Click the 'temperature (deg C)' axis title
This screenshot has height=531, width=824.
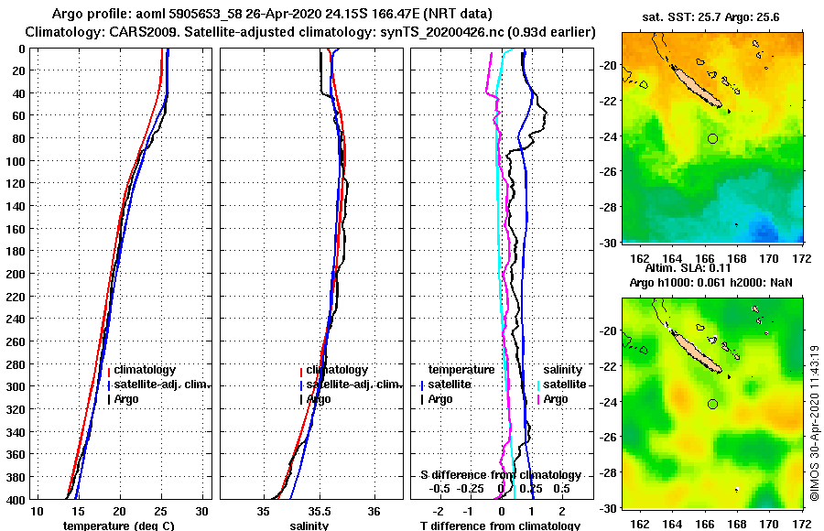(119, 526)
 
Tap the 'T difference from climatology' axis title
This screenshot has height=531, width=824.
(500, 526)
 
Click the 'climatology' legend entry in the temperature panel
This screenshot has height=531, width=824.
(145, 370)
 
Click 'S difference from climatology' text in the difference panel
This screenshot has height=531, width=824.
(501, 475)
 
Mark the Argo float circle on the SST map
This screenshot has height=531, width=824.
(712, 138)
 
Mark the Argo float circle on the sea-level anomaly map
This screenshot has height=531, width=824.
(712, 404)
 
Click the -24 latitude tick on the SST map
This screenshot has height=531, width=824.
(609, 137)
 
